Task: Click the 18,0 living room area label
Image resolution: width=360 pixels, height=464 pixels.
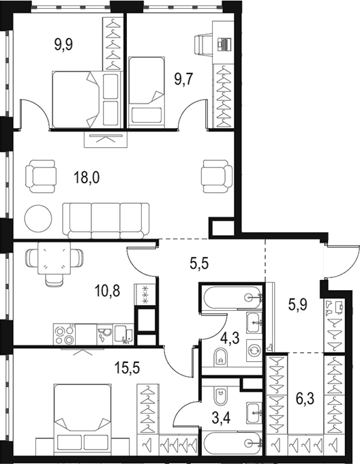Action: click(x=87, y=178)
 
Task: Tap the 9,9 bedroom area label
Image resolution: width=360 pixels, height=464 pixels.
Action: click(x=63, y=45)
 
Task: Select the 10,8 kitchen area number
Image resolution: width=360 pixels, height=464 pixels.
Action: click(x=107, y=291)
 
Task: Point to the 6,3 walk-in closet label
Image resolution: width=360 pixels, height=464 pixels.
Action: click(x=305, y=399)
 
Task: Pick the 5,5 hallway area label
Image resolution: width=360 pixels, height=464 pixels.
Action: click(x=199, y=263)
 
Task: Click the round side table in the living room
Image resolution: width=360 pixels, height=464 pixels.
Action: click(x=38, y=219)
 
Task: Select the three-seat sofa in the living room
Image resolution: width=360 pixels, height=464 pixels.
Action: click(x=106, y=221)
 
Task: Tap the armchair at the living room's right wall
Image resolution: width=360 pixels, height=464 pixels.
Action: click(x=217, y=176)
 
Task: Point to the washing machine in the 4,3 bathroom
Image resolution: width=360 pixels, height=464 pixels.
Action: click(x=254, y=350)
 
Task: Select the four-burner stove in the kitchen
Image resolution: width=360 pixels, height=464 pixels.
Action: click(x=65, y=335)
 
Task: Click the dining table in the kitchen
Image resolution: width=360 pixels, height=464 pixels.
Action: click(x=54, y=258)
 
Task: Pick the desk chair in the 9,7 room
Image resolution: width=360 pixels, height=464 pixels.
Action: click(x=204, y=45)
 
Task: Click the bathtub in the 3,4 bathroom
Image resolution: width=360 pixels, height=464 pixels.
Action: click(x=232, y=443)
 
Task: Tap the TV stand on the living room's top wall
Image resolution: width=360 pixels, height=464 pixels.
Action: click(x=106, y=140)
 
